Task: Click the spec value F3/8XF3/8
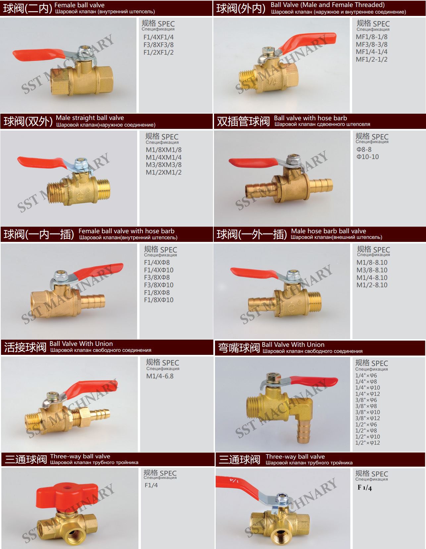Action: pos(158,45)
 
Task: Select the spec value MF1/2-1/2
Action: pos(371,59)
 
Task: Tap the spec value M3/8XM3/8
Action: pos(163,165)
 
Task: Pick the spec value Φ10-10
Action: pos(367,157)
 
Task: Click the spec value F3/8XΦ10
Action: pos(159,285)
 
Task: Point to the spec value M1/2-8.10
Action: pos(372,285)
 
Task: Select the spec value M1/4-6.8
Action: pos(160,376)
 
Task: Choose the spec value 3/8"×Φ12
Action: pos(367,418)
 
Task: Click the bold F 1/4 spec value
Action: pos(365,488)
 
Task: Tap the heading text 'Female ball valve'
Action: pos(79,5)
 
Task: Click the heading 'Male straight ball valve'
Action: pos(90,118)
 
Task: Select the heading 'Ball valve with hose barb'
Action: pos(310,118)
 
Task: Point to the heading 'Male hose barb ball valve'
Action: pos(328,231)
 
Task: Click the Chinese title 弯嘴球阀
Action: pos(239,348)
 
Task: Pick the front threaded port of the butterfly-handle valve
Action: pos(74,535)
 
